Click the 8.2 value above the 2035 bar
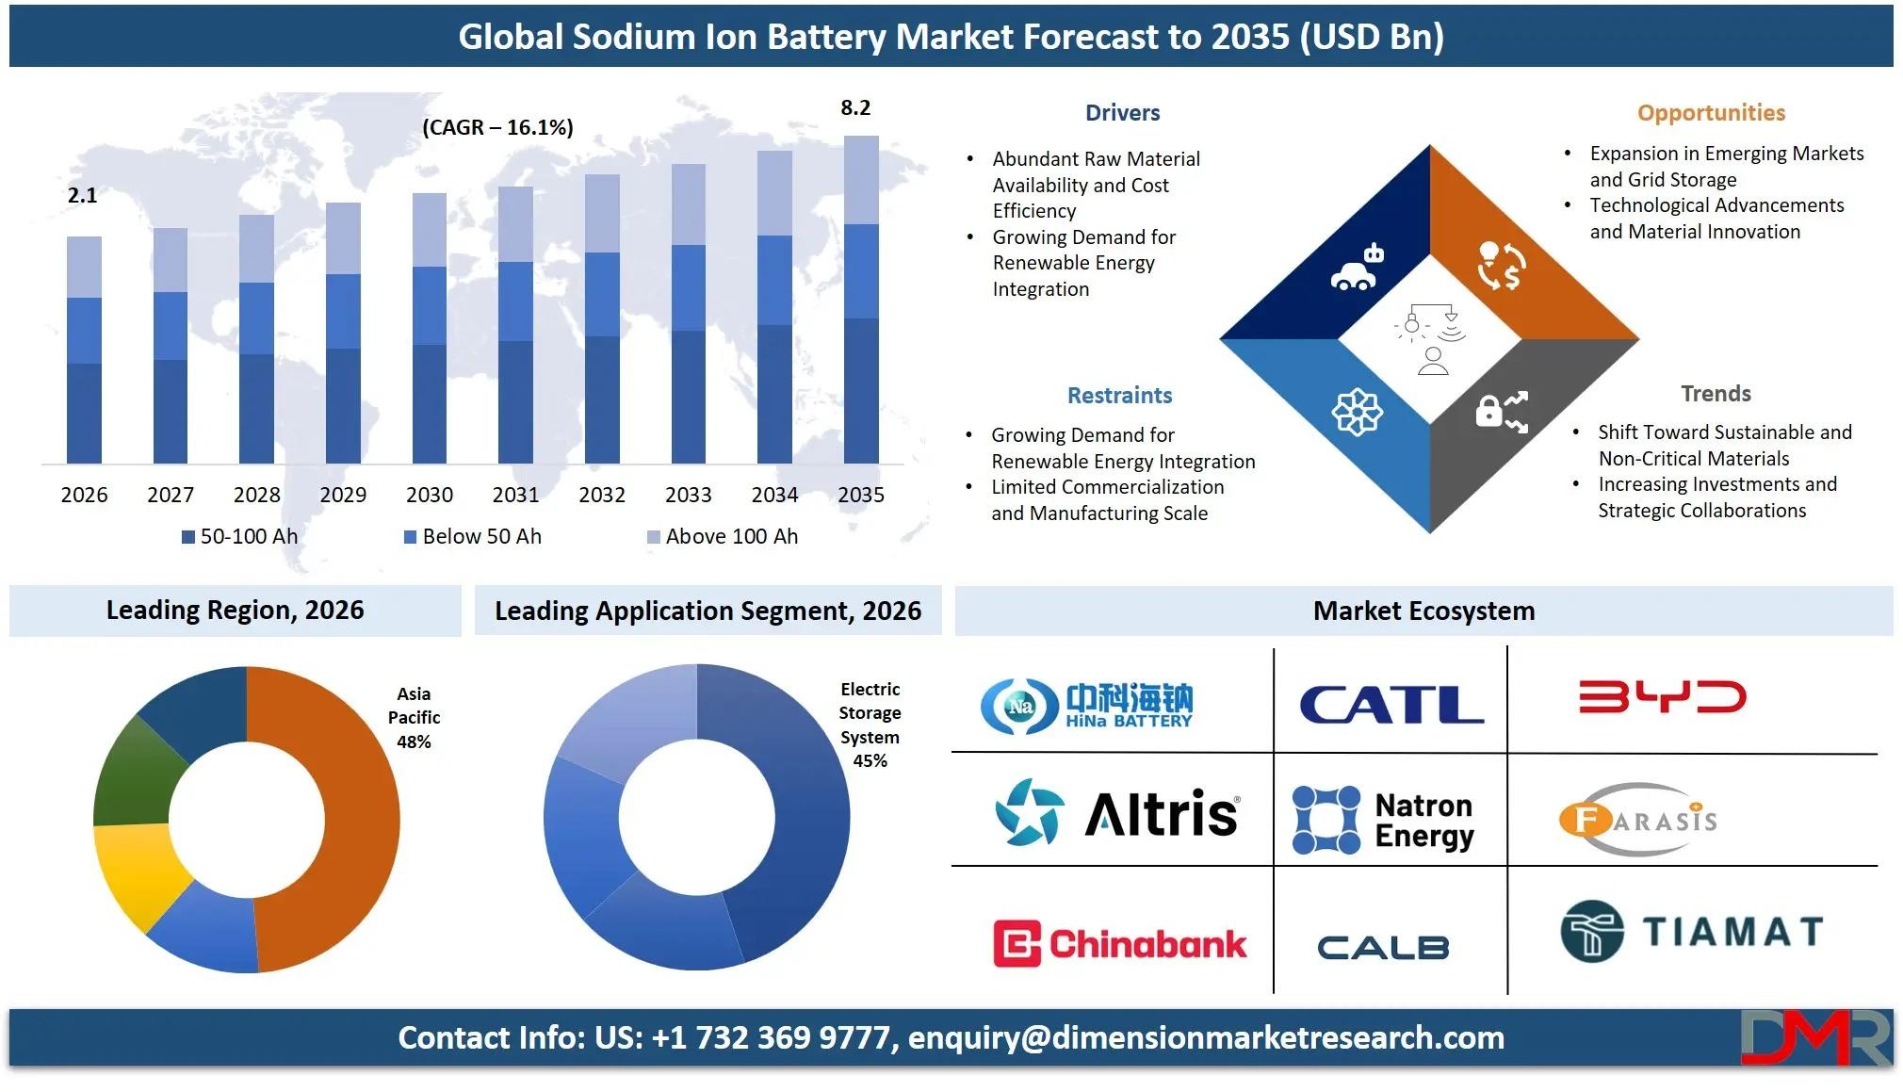click(x=855, y=107)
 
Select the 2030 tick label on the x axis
click(x=430, y=495)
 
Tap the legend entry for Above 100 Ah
click(x=723, y=536)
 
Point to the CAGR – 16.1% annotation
click(x=497, y=127)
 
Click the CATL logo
click(x=1391, y=704)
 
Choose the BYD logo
click(x=1663, y=697)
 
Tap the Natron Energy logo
click(x=1383, y=820)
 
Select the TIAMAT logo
click(x=1692, y=931)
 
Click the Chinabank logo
click(x=1120, y=943)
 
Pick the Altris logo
click(x=1117, y=812)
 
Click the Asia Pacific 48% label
click(x=414, y=718)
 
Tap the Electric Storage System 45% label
click(x=870, y=725)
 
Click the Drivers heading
click(x=1122, y=113)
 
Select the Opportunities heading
click(x=1711, y=113)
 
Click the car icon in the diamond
click(x=1357, y=268)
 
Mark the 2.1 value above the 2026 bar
click(x=83, y=195)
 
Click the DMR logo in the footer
click(x=1815, y=1037)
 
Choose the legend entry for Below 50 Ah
click(x=473, y=536)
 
